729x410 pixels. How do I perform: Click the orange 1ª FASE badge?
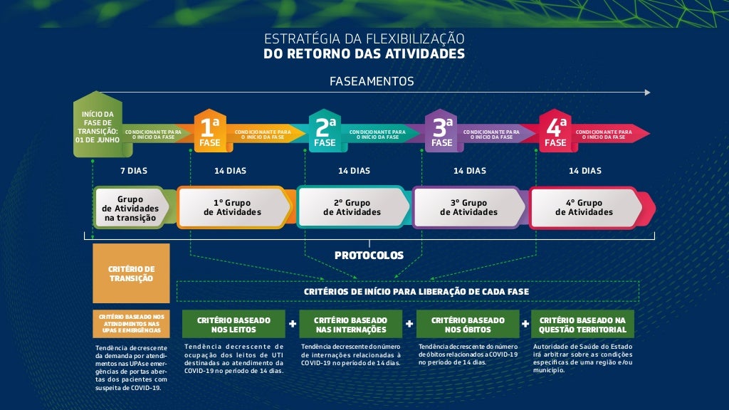[x=210, y=132]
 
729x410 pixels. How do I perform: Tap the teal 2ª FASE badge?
[x=325, y=132]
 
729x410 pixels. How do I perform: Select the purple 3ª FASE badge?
[x=441, y=132]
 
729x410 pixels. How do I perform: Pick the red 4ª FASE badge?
[x=555, y=132]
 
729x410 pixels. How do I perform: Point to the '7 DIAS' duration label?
[x=132, y=171]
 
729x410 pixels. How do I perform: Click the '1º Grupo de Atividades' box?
[x=233, y=207]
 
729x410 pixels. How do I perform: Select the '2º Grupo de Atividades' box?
[x=352, y=207]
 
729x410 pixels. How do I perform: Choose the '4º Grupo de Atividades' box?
[x=584, y=207]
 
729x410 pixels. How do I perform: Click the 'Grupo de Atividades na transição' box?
[x=130, y=209]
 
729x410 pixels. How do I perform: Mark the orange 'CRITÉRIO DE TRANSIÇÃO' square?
[x=131, y=273]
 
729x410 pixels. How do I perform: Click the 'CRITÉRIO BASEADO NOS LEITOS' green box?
[x=234, y=325]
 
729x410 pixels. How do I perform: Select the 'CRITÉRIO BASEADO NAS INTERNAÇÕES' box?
[x=350, y=325]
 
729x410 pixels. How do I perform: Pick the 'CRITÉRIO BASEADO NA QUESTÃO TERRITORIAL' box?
[x=583, y=325]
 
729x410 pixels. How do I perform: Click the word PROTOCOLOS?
[x=369, y=255]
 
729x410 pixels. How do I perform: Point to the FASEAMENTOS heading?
[x=372, y=81]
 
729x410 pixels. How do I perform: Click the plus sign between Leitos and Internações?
[x=292, y=324]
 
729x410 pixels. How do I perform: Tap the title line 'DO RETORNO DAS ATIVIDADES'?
[x=364, y=53]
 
